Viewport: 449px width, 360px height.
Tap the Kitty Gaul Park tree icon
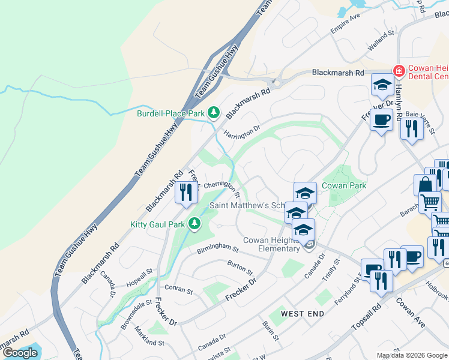[194, 224]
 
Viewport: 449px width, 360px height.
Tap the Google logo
[20, 353]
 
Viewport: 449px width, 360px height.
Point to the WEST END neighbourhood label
[302, 314]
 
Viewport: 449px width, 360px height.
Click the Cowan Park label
[344, 186]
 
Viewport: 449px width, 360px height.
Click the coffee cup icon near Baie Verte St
[381, 120]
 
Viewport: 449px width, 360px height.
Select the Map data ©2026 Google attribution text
[412, 355]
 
